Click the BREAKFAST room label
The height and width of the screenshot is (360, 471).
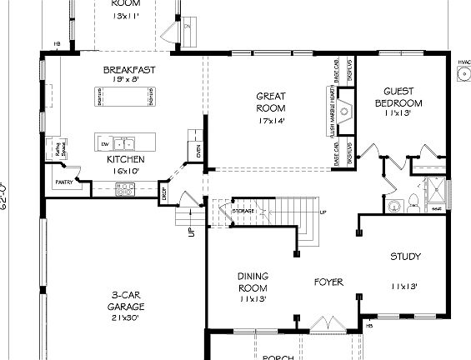point(128,69)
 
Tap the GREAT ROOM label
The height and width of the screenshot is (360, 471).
point(271,102)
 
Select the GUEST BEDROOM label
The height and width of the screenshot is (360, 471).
point(398,97)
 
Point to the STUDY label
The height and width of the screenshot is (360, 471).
point(405,257)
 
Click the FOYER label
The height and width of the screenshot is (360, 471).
point(328,282)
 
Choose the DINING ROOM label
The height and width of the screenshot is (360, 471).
point(252,282)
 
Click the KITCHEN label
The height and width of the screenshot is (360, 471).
point(126,159)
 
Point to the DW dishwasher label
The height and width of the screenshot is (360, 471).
point(105,143)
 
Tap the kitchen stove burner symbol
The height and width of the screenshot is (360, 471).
point(125,191)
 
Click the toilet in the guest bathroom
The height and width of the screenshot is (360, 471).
point(396,203)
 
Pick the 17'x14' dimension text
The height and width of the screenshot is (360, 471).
point(271,121)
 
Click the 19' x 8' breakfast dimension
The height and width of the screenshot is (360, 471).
point(128,79)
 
